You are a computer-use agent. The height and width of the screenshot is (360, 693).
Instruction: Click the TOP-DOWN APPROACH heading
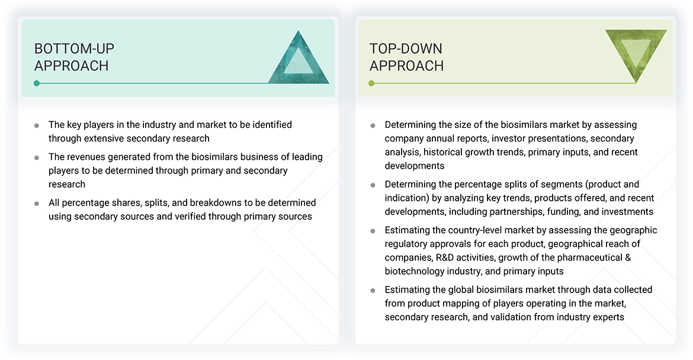pos(406,57)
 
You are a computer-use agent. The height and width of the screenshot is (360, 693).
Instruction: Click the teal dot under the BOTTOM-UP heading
pos(37,83)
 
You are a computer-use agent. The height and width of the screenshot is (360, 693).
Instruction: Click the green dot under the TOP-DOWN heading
pos(371,83)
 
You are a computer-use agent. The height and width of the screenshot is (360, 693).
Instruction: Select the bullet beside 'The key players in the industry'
pos(37,126)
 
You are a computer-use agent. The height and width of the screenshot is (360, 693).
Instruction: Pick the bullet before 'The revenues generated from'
pos(37,157)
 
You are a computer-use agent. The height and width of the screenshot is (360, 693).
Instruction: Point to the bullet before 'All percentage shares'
pos(37,203)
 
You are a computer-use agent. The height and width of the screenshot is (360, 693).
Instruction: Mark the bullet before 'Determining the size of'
pos(373,126)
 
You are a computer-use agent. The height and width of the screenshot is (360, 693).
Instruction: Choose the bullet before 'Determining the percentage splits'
pos(373,185)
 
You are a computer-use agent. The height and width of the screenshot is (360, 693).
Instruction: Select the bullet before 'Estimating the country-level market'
pos(373,231)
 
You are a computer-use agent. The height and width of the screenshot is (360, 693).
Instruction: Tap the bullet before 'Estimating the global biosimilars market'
pos(373,290)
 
